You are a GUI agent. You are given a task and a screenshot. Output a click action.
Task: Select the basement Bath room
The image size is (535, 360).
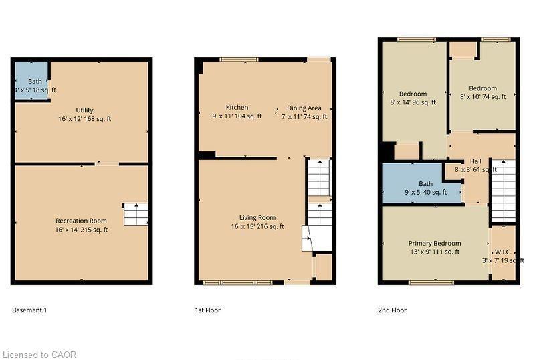point(31,81)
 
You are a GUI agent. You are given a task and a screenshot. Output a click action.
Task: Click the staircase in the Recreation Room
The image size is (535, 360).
point(134,214)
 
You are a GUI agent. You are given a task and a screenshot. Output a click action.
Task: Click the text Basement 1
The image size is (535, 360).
point(29,310)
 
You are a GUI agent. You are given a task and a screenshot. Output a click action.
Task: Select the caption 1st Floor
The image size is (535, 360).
point(207,310)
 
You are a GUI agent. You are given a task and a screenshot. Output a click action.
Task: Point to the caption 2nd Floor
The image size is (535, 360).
point(392,310)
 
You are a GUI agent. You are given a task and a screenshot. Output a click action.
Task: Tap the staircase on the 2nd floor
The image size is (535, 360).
point(502,190)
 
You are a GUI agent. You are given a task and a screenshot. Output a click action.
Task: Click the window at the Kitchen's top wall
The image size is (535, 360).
point(239,60)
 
